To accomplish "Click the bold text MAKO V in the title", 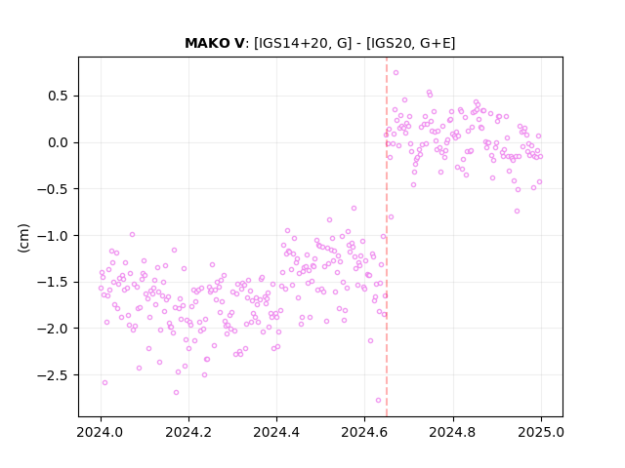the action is [214, 43].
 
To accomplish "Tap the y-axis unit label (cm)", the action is [23, 238].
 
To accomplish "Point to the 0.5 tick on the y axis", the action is [60, 97].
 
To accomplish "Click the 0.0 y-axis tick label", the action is [60, 143].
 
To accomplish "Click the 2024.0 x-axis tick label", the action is [101, 432].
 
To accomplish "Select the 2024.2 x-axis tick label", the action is [188, 432].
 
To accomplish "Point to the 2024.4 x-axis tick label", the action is [276, 432].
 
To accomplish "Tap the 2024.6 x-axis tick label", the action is [364, 432].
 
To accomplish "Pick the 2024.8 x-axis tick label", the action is [453, 432].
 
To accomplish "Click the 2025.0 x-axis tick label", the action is [541, 432].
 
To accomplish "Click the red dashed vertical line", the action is [387, 237].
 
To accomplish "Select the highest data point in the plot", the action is [396, 73].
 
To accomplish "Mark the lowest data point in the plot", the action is [378, 401].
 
